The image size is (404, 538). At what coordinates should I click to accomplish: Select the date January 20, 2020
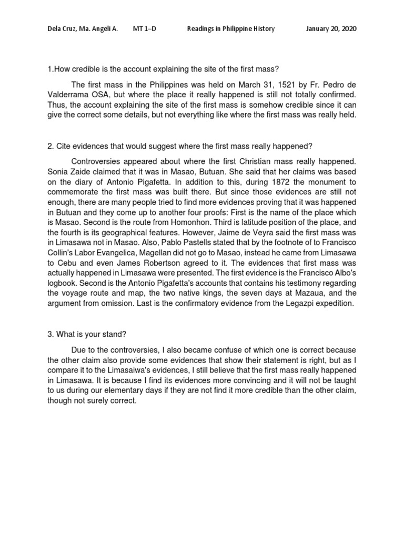click(x=331, y=29)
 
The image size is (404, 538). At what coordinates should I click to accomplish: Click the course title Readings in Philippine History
click(x=231, y=29)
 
